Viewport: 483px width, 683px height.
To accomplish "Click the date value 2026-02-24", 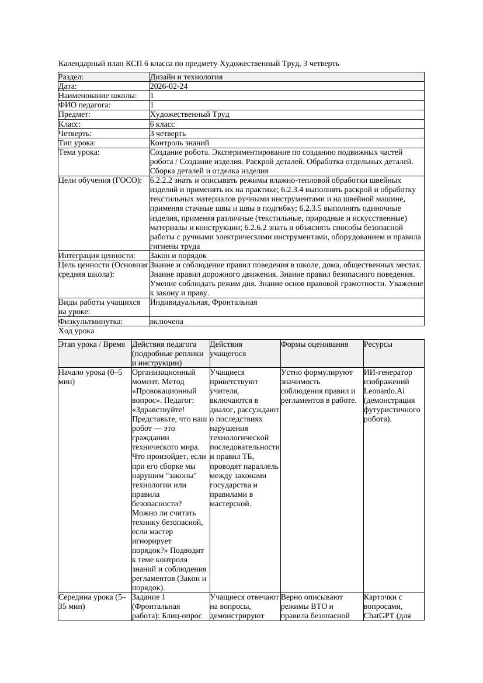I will [169, 86].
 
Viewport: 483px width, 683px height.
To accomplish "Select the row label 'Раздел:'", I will [71, 77].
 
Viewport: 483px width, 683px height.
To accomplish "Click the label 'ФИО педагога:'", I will [85, 105].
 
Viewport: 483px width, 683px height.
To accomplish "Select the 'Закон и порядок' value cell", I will [178, 256].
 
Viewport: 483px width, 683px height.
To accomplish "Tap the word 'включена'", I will [166, 322].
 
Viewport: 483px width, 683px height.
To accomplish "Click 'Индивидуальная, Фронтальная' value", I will [203, 302].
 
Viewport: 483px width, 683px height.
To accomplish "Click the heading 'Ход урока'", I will [76, 331].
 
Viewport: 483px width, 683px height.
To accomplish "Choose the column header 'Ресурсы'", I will [378, 344].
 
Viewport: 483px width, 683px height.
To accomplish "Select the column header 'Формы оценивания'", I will [314, 344].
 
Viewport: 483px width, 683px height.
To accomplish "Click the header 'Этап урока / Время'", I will [92, 344].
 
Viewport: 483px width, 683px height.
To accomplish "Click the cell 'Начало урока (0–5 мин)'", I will [91, 377].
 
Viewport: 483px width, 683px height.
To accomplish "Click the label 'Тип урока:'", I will [77, 143].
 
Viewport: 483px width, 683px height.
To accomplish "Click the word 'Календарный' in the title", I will [80, 63].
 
